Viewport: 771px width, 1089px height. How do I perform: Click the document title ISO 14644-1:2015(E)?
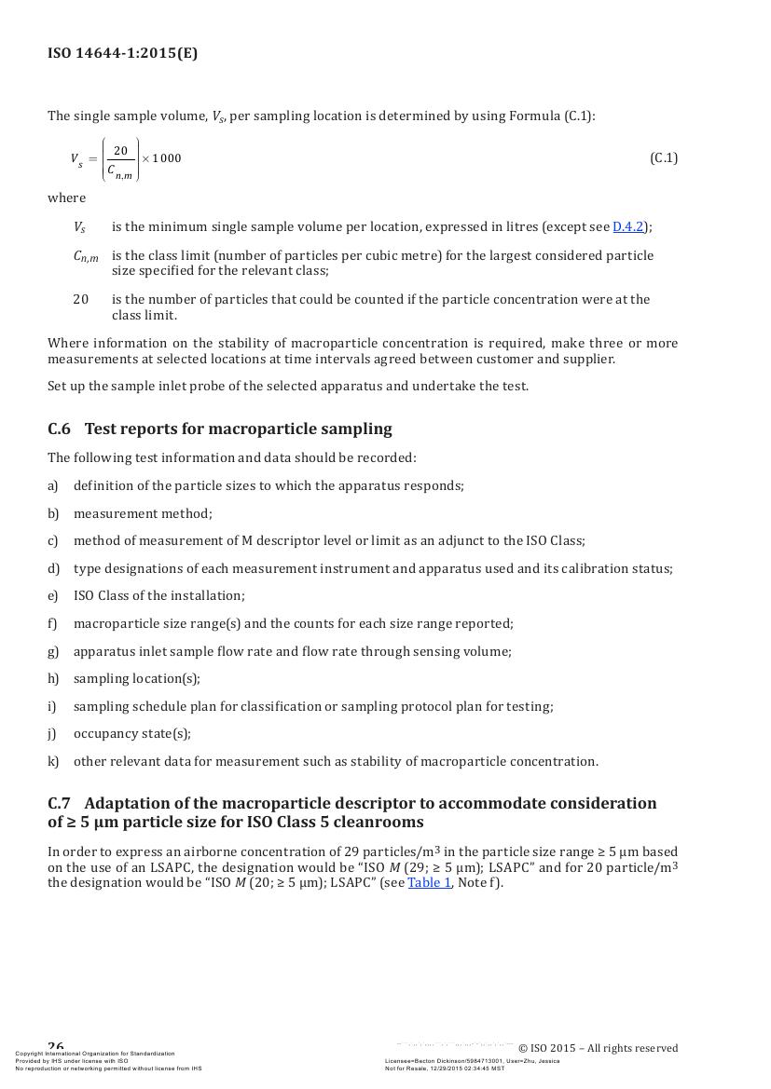click(122, 53)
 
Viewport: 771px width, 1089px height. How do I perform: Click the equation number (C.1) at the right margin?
click(664, 157)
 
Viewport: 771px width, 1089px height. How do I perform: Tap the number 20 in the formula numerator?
click(120, 150)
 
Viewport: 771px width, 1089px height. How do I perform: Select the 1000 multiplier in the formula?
click(168, 158)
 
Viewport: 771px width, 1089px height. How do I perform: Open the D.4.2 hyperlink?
click(627, 226)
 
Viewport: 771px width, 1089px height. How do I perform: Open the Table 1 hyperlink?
click(429, 882)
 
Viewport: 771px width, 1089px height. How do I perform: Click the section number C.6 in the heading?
click(59, 429)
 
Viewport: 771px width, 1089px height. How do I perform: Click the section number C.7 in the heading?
click(59, 803)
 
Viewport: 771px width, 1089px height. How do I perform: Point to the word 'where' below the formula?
click(66, 197)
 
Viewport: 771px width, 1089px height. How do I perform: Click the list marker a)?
click(53, 485)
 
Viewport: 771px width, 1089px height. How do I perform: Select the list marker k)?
click(53, 761)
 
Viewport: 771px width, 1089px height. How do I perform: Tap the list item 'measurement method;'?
click(143, 513)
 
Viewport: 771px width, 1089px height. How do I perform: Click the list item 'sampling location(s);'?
click(136, 678)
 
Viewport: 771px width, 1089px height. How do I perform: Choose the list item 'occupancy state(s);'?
click(131, 733)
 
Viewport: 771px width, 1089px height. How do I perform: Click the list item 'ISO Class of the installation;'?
click(158, 595)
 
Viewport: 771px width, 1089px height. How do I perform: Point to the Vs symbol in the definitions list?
click(79, 227)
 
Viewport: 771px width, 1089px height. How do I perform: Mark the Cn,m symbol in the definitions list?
click(86, 256)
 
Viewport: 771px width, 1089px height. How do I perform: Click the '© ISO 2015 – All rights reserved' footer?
click(598, 1048)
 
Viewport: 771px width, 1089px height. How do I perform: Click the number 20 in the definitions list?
click(81, 299)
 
